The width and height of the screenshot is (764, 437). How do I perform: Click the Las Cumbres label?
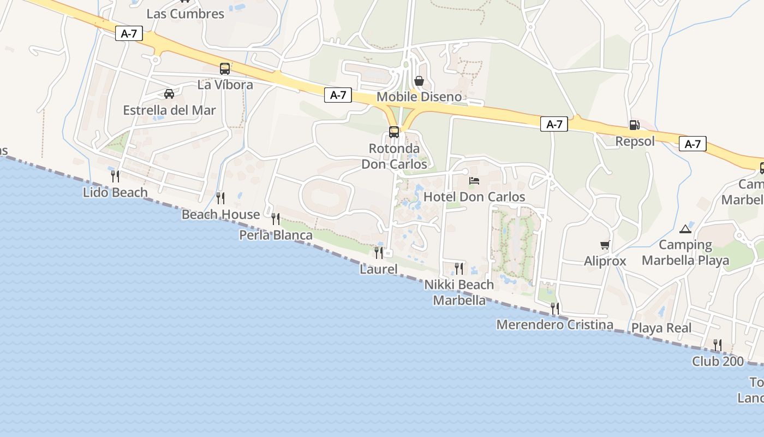point(185,14)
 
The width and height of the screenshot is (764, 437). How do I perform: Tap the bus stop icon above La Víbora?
point(225,69)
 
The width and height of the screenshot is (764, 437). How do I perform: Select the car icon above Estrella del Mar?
point(169,94)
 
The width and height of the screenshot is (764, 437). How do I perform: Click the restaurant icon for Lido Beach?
point(115,176)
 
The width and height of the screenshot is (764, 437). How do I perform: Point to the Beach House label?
point(220,214)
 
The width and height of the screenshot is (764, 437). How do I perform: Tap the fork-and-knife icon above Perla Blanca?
point(276,219)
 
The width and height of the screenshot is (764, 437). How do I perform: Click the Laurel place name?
point(378,269)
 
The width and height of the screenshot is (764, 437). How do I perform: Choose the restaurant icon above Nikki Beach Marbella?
point(459,268)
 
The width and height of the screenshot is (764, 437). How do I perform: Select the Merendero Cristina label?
point(554,324)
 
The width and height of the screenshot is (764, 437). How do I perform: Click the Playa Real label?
point(661,328)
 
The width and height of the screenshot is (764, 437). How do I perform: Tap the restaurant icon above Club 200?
point(718,345)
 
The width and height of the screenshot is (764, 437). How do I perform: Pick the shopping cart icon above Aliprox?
point(605,245)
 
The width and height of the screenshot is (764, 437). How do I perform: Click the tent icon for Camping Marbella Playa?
point(685,228)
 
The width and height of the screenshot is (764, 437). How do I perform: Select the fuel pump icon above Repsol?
point(634,125)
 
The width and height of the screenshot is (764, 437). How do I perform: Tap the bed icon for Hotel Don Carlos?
point(474,180)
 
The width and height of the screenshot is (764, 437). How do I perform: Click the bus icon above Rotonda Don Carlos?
point(394,132)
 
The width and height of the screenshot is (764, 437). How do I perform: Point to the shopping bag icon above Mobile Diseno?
point(419,81)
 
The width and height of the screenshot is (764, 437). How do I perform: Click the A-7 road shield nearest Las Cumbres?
point(129,33)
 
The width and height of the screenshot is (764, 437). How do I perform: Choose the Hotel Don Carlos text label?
point(474,197)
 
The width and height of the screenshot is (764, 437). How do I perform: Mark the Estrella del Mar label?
point(169,110)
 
